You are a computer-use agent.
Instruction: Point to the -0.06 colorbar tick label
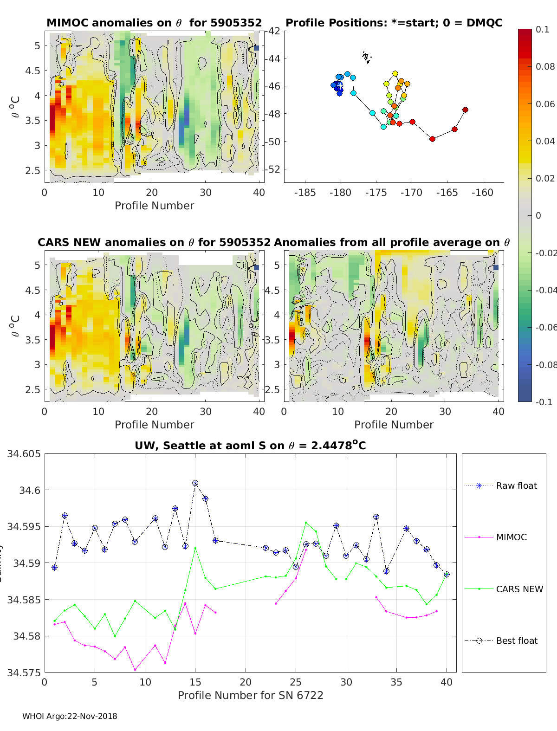click(x=546, y=327)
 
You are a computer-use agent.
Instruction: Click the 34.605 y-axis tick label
click(x=24, y=454)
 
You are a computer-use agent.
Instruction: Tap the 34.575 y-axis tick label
click(x=24, y=672)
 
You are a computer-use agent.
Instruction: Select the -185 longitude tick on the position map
click(x=305, y=193)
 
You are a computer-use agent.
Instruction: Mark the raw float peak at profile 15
click(x=195, y=483)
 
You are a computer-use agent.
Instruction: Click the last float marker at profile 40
click(x=447, y=574)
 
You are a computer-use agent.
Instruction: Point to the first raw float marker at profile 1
click(x=55, y=567)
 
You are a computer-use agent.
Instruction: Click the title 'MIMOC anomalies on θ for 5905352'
click(x=154, y=23)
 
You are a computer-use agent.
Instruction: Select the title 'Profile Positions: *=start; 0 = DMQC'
click(x=394, y=23)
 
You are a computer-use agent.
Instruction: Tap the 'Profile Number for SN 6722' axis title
click(x=250, y=695)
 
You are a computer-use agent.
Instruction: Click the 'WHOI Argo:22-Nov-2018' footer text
click(x=70, y=716)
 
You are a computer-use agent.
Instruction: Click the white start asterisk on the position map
click(x=340, y=86)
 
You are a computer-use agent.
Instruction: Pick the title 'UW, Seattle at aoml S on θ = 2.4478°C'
click(x=250, y=446)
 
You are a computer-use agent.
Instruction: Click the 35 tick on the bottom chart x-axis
click(x=396, y=682)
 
